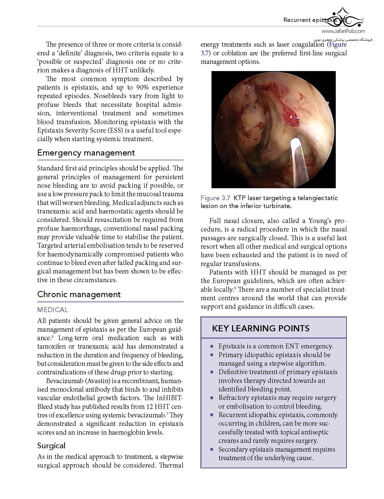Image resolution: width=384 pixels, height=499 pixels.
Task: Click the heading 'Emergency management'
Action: (x=86, y=153)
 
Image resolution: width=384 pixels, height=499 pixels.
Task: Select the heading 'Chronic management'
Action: (x=79, y=294)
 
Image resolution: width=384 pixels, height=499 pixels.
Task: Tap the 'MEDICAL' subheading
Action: (x=53, y=310)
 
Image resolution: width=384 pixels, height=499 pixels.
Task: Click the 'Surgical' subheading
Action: (x=51, y=446)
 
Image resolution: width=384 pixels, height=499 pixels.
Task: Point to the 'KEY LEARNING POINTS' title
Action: (x=260, y=328)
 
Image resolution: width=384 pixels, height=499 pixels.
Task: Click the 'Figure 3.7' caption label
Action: (x=215, y=198)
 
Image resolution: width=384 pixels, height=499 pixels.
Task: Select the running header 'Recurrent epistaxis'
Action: (x=309, y=20)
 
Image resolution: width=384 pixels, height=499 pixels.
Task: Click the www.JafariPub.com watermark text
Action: (x=343, y=31)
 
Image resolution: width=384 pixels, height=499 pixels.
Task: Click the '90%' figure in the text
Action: (x=140, y=87)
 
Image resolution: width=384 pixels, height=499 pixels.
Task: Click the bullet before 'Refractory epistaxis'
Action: (x=212, y=398)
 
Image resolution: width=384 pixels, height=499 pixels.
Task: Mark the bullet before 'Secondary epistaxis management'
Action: (x=212, y=450)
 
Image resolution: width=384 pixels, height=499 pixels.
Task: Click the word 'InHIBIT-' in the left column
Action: (x=169, y=398)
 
